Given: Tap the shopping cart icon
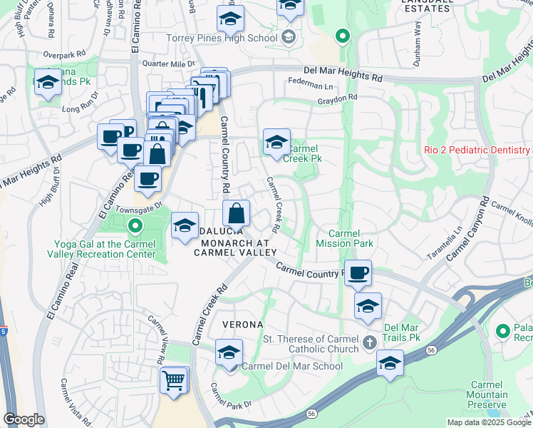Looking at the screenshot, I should (173, 379).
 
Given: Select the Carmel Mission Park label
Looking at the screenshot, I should (351, 238).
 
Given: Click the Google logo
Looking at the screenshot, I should (24, 419).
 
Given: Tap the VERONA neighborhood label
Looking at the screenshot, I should (243, 324).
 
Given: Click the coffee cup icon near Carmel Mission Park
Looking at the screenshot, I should (359, 272).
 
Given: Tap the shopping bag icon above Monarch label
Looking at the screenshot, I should (236, 213).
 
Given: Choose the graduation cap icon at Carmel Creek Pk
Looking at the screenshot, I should (276, 141).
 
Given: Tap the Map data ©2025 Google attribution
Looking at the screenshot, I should (489, 422).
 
